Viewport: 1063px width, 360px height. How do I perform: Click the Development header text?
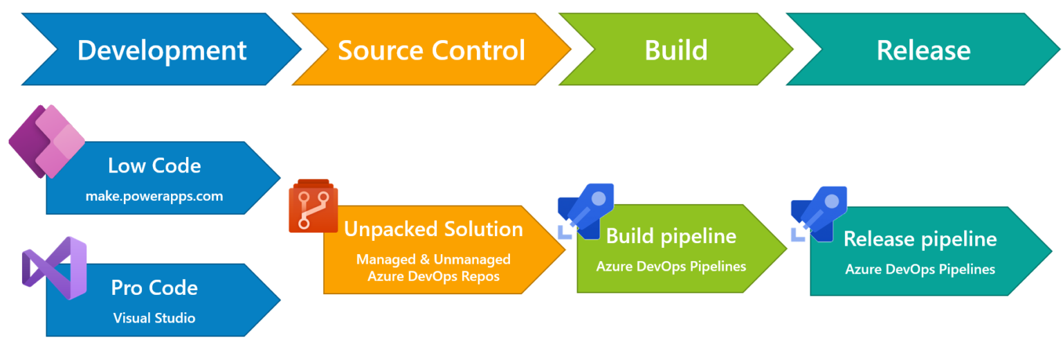(162, 51)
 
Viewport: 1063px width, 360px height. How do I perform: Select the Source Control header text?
(431, 51)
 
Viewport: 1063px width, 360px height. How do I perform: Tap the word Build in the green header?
(676, 51)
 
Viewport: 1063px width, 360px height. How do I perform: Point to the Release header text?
(923, 51)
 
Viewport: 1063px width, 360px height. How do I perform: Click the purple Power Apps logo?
(46, 141)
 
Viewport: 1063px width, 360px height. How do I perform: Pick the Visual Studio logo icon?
(54, 268)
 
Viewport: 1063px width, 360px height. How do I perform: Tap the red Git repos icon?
(313, 206)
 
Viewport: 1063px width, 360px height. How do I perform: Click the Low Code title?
(154, 166)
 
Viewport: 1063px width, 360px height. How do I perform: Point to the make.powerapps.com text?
(154, 197)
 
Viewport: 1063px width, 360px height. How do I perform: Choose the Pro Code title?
(154, 288)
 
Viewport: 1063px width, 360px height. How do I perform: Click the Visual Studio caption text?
(154, 318)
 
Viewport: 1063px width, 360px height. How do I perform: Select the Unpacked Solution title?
(433, 229)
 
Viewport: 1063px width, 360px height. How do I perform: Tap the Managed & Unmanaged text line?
(433, 260)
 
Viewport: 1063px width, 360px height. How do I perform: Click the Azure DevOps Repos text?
(433, 276)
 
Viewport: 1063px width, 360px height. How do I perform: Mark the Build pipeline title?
(671, 236)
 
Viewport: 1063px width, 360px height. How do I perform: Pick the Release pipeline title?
(920, 240)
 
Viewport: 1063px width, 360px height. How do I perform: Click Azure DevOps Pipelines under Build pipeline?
(671, 267)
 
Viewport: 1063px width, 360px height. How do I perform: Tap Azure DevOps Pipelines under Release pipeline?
(920, 269)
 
